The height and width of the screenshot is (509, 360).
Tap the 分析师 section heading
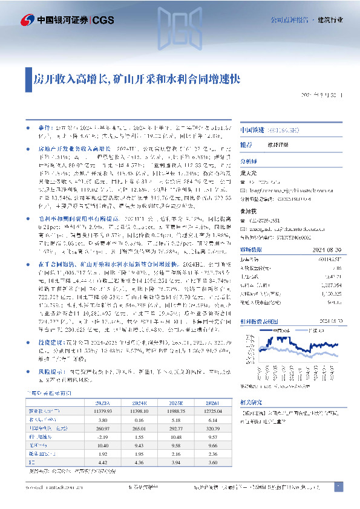click(249, 161)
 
